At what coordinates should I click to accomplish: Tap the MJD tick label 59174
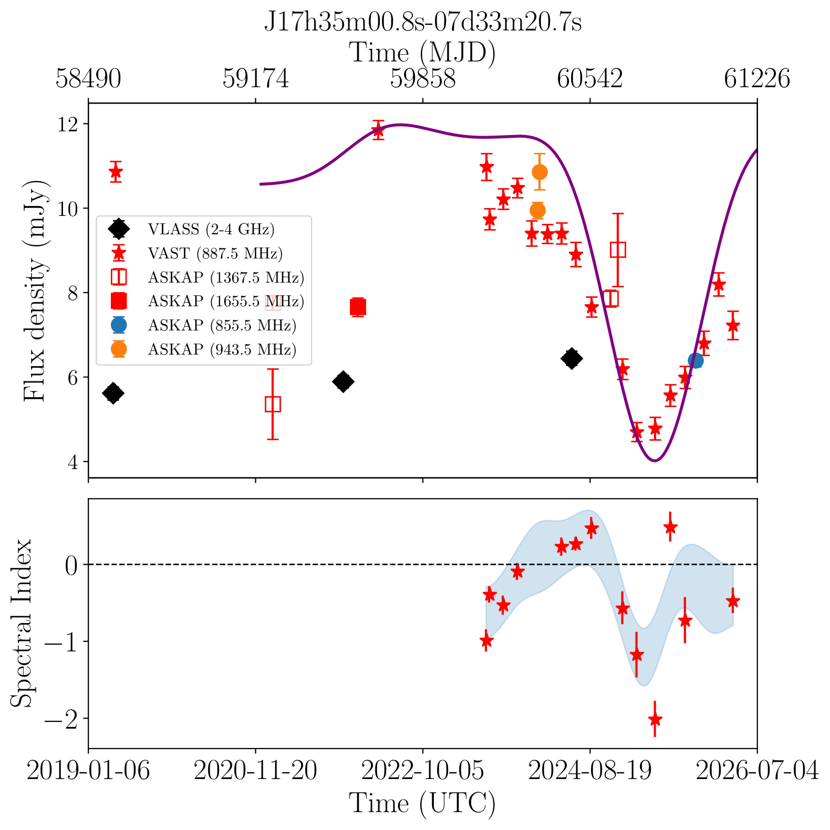255,79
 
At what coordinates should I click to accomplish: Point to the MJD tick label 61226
757,79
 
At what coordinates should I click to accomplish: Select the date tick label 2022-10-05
422,771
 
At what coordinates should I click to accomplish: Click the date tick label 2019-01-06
88,771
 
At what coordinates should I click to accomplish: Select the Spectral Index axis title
22,623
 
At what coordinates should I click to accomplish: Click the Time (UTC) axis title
422,804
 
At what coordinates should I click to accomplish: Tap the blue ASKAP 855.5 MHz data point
695,360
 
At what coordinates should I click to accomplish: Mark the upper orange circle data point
539,172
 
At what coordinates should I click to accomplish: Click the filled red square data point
358,307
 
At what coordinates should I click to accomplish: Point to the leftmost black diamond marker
113,393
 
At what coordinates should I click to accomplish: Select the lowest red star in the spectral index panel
655,719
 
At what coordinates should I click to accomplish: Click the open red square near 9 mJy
618,250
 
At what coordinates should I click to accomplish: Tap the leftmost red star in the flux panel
116,171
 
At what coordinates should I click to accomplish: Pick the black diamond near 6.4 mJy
572,358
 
